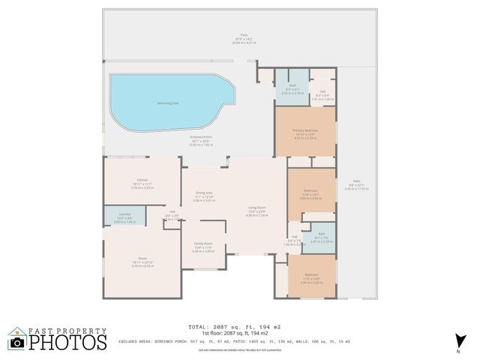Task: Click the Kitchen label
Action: click(x=142, y=181)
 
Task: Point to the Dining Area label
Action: click(x=204, y=193)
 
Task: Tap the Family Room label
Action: click(x=203, y=244)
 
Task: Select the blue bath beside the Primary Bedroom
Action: click(x=292, y=89)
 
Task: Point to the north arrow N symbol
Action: click(x=457, y=345)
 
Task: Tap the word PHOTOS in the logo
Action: click(x=68, y=343)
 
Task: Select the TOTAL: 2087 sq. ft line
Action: click(x=235, y=328)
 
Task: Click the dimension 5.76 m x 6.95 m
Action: click(x=142, y=266)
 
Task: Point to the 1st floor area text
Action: click(x=235, y=334)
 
